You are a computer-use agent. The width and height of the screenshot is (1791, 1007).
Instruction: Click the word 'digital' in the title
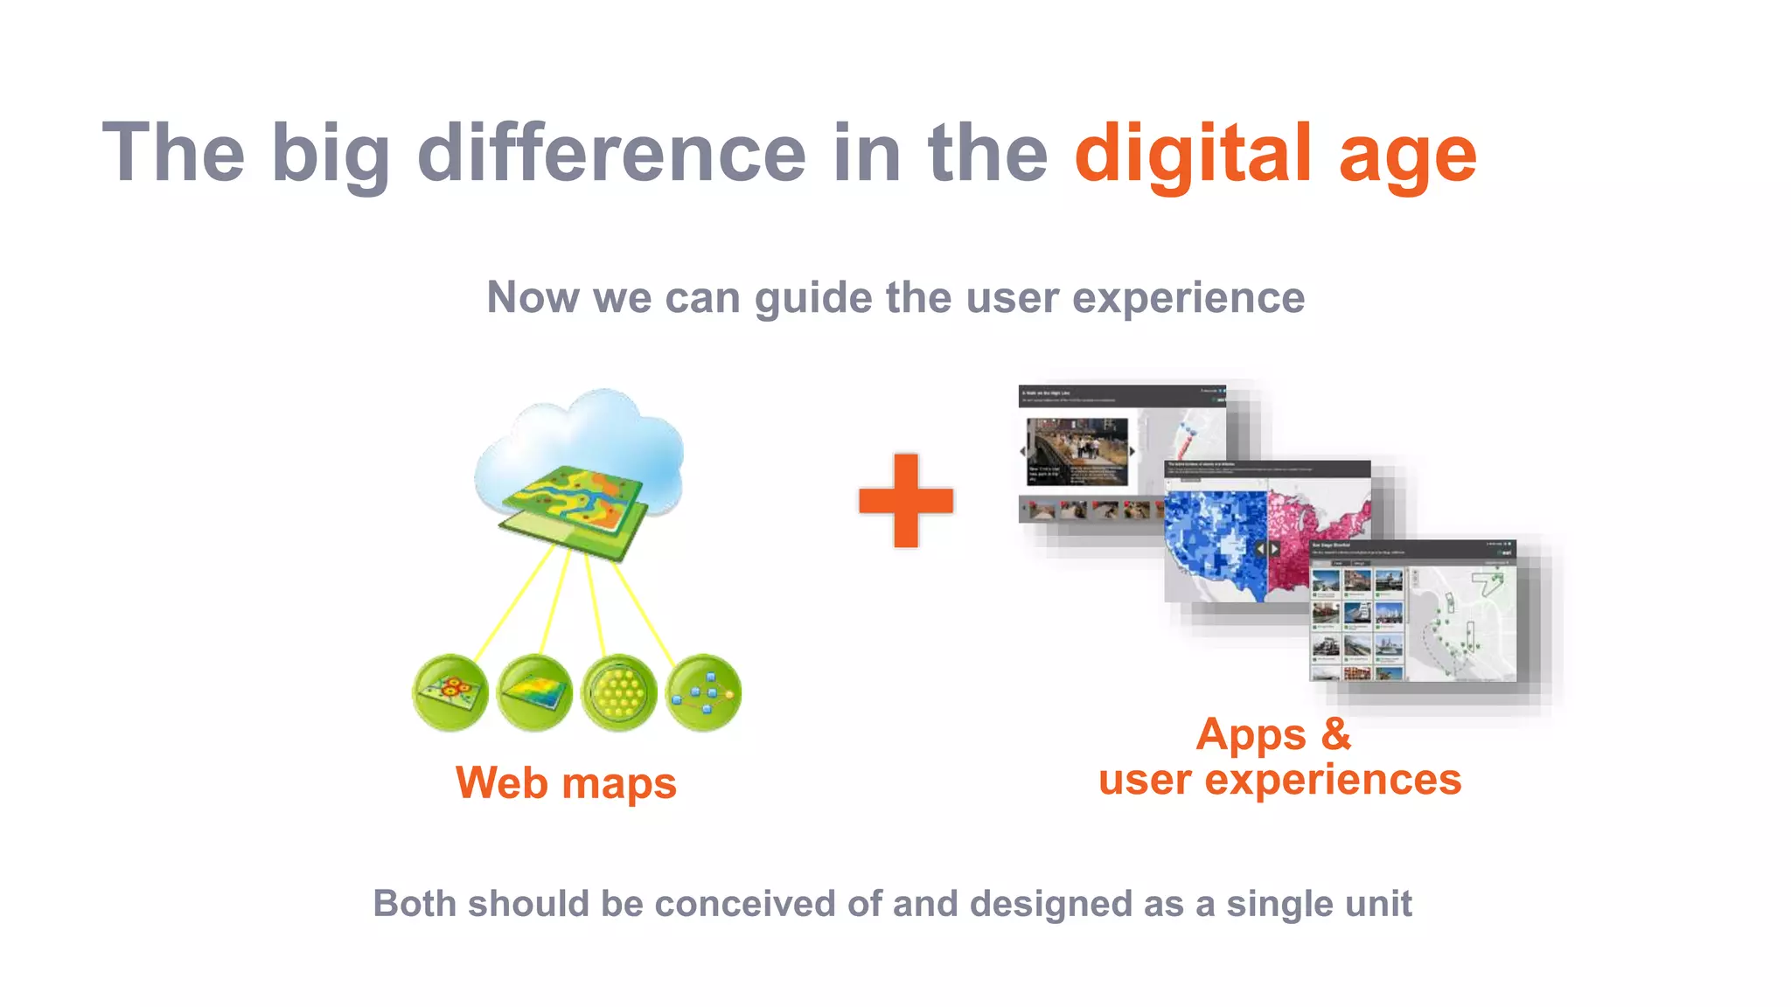pos(1193,154)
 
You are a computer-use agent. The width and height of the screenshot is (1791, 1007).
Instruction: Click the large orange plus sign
pos(906,501)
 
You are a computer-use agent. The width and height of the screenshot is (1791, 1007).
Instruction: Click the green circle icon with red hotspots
pos(450,692)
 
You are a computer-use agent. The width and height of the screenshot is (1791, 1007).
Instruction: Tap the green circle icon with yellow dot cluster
pos(619,692)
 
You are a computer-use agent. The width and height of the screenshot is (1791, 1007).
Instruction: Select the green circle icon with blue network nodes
pos(703,692)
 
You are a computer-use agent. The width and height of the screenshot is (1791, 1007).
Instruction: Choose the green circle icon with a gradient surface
pos(534,692)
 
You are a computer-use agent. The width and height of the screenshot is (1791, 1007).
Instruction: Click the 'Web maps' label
pos(566,782)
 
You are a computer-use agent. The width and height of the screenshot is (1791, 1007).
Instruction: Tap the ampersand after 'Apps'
pos(1335,733)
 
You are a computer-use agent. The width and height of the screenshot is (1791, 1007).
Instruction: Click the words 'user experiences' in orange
pos(1279,779)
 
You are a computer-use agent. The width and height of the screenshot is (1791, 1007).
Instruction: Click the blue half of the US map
pos(1216,542)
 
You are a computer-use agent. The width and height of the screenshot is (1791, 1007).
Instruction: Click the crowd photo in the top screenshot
pos(1077,451)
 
